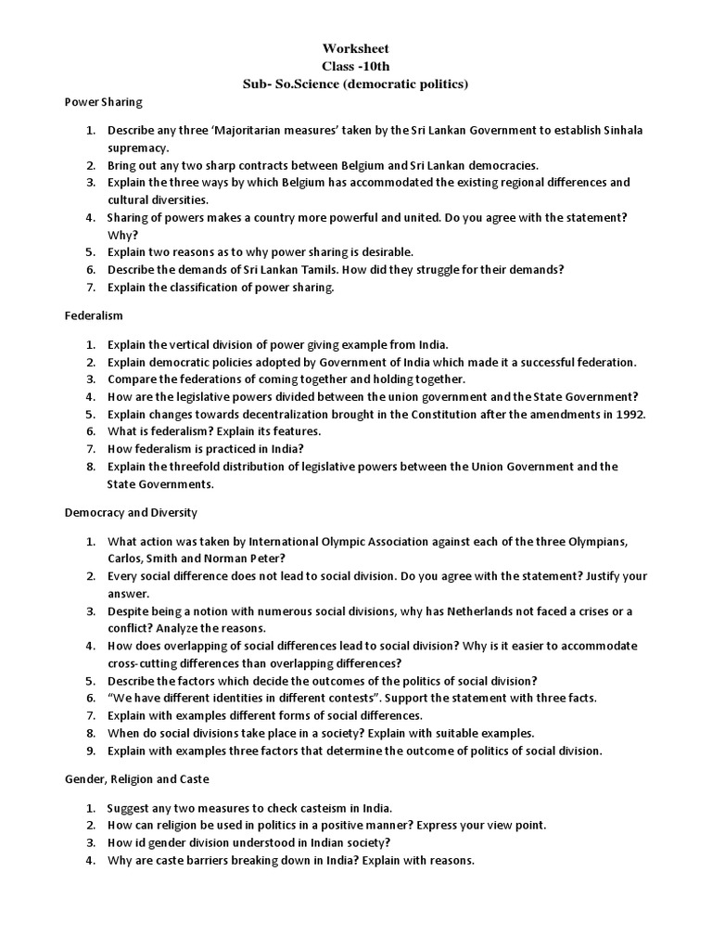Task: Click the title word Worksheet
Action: click(x=356, y=47)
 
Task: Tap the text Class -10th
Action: click(x=356, y=66)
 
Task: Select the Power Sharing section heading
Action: click(x=103, y=102)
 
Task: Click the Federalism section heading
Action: click(x=93, y=315)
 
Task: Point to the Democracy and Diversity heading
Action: click(x=130, y=511)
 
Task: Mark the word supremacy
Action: click(x=138, y=147)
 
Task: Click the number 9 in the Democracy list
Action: click(x=90, y=750)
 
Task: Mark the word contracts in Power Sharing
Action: click(x=274, y=164)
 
